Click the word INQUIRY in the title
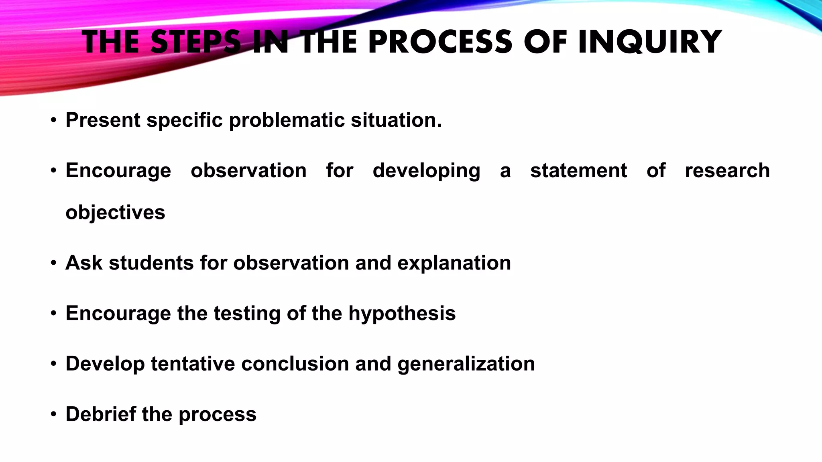point(649,42)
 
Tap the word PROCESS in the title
point(440,42)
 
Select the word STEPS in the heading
point(196,42)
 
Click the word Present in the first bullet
point(103,120)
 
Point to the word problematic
point(287,120)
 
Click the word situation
point(396,120)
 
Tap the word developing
point(426,171)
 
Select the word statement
point(578,170)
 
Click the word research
point(727,170)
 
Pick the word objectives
point(115,213)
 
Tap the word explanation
point(454,263)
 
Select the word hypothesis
point(402,314)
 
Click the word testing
point(246,314)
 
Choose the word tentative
point(193,364)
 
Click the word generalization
point(466,364)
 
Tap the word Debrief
point(100,414)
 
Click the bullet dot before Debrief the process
point(53,414)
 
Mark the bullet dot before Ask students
point(53,263)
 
